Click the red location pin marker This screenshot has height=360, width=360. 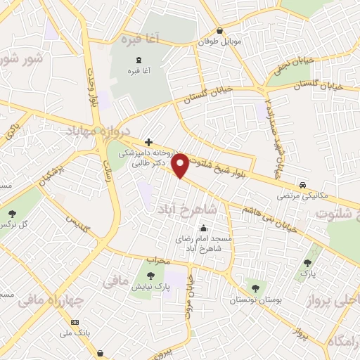coord(181,165)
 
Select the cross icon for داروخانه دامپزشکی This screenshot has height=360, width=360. coord(148,141)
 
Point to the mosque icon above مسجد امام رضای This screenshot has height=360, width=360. coord(203,228)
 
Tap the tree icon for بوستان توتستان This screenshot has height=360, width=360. coord(255,288)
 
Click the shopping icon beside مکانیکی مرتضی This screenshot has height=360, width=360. coord(302,179)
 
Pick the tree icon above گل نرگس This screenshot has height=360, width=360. coord(12,212)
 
